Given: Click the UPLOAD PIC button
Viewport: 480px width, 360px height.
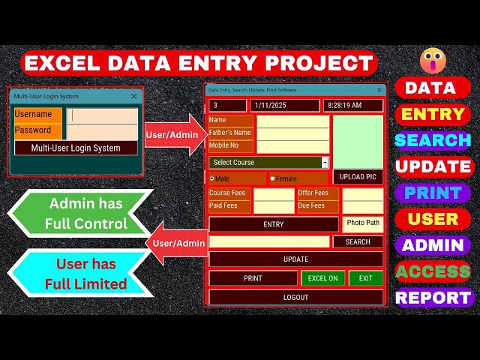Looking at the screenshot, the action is [358, 177].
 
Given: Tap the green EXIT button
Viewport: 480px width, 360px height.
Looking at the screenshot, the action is [366, 278].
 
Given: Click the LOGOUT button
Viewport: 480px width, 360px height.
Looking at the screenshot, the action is [295, 297].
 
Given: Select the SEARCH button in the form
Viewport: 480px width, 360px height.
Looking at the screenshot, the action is [358, 241].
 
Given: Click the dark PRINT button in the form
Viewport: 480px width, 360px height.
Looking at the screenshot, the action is [253, 278].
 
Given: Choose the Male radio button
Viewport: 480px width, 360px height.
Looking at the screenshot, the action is [211, 178].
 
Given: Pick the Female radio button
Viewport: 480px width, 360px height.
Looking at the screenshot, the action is [272, 178].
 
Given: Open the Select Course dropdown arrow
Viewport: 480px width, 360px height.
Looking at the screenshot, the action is [325, 163].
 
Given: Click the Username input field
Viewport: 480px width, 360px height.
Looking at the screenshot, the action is [102, 115].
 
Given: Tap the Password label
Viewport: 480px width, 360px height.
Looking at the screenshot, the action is [33, 130].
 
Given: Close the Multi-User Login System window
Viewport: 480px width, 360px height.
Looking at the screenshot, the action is [133, 96].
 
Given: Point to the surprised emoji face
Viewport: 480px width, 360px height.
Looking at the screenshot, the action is [433, 61].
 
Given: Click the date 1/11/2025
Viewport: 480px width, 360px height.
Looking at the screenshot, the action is [271, 105].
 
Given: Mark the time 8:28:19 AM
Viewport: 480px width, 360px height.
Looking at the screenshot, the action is [345, 105].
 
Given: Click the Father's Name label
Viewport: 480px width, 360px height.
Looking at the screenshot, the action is [230, 133].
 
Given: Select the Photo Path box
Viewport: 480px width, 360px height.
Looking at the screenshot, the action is [363, 224].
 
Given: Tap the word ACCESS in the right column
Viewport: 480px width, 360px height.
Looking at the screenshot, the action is [433, 271].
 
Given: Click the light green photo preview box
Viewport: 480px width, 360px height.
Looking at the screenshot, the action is [358, 142].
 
